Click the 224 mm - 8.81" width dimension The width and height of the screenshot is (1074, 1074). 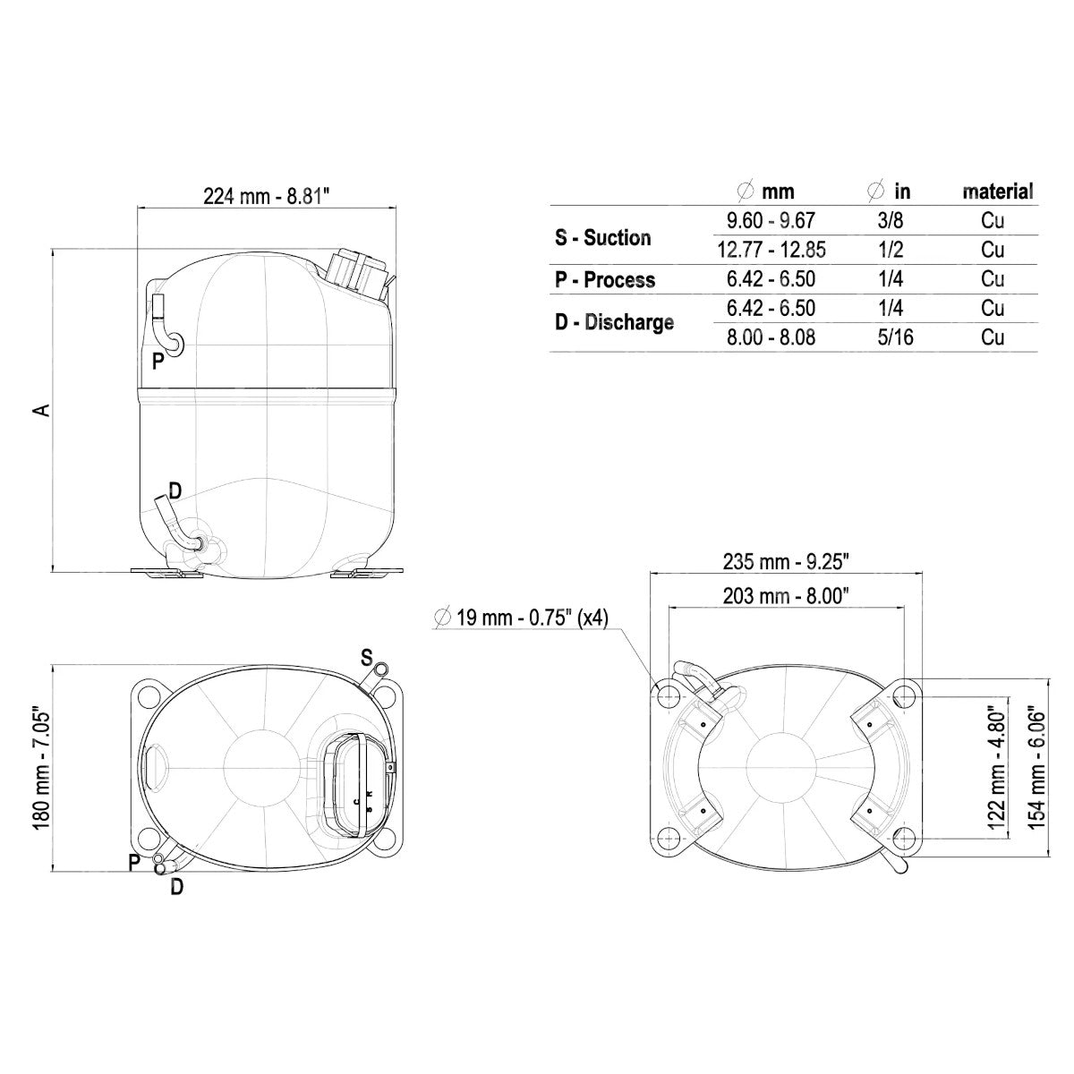point(267,196)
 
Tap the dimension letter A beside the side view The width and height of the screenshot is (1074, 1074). point(42,410)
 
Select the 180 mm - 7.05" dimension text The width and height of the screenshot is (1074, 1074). point(42,771)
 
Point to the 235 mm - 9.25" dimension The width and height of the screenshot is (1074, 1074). point(786,561)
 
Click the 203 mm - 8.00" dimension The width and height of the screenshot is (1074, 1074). point(786,596)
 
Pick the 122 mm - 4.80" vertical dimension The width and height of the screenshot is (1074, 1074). point(996,770)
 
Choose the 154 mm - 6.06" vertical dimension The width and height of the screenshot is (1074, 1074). point(1036,770)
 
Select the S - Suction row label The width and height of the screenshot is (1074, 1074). point(602,237)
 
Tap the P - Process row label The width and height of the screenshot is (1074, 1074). point(605,279)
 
